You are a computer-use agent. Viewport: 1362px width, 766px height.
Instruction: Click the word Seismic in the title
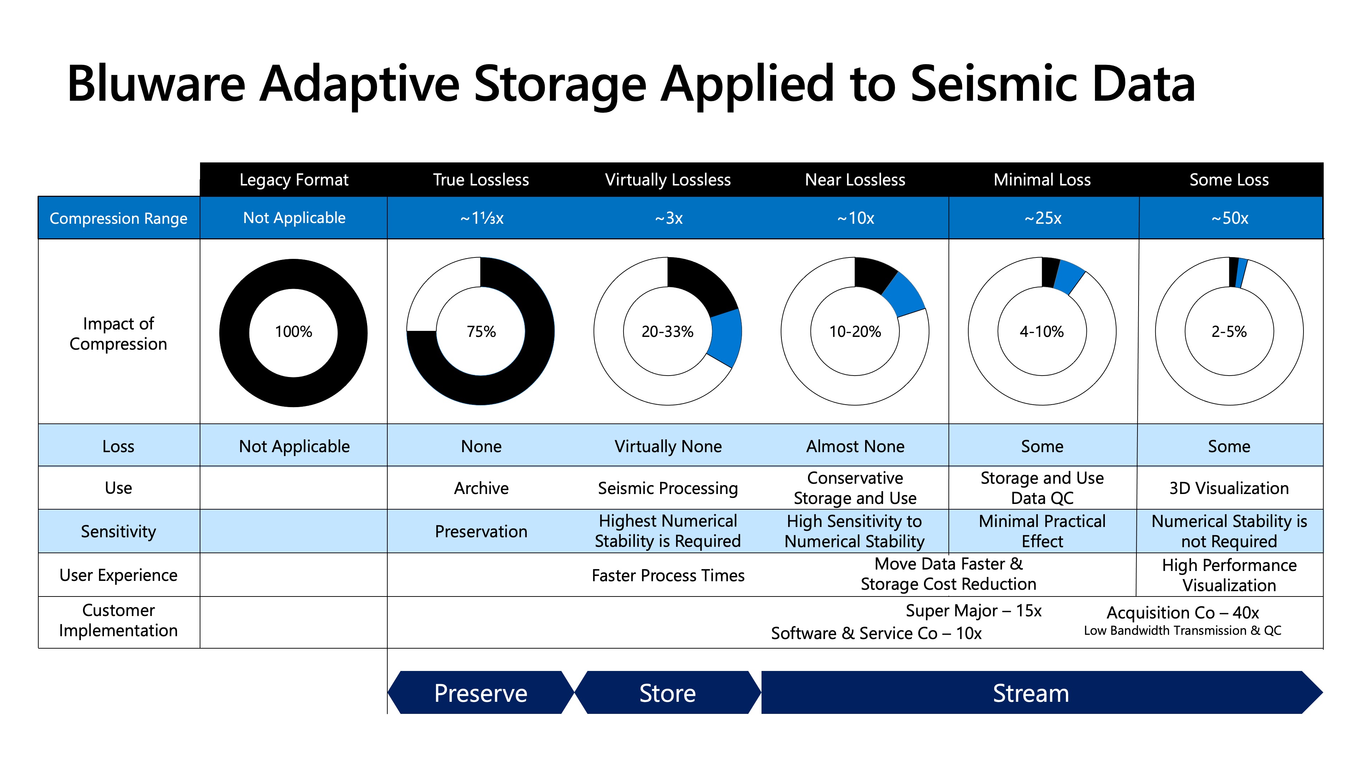tap(994, 85)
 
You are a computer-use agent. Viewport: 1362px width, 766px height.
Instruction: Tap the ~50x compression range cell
tap(1229, 218)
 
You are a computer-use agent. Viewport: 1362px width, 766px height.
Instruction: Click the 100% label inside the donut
tap(293, 332)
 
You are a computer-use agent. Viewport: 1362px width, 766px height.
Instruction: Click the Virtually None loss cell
tap(668, 446)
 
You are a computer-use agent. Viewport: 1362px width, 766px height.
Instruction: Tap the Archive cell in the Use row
tap(481, 488)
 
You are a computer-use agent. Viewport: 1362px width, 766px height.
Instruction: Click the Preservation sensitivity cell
tap(481, 531)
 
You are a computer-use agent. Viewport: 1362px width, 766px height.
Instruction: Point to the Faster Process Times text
tap(668, 575)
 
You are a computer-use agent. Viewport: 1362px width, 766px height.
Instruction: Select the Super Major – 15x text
tap(973, 611)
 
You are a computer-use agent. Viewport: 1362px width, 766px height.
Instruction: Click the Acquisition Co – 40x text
tap(1182, 613)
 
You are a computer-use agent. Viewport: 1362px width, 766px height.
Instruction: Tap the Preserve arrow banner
tap(481, 693)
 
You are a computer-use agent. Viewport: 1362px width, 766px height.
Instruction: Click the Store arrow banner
tap(667, 693)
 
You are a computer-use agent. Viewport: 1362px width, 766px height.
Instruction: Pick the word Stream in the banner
tap(1030, 693)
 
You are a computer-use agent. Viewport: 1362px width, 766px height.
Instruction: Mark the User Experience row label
tap(118, 575)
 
